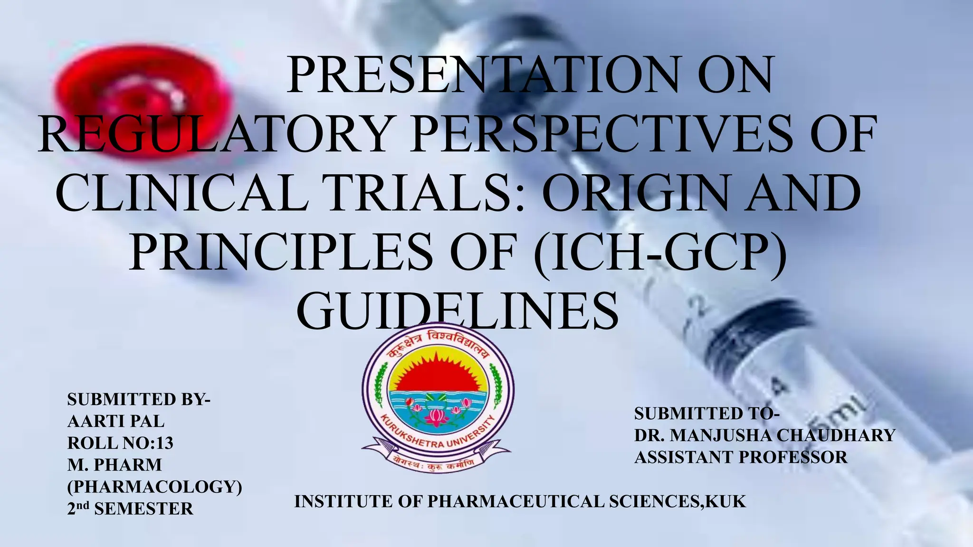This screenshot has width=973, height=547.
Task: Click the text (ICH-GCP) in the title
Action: tap(660, 252)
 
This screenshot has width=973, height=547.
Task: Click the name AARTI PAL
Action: tap(116, 421)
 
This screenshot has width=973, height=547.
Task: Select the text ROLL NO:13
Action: tap(120, 443)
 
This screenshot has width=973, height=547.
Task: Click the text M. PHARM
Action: tap(114, 465)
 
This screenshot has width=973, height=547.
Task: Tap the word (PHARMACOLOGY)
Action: tap(155, 487)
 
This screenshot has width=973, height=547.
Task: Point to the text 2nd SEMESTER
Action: tap(130, 509)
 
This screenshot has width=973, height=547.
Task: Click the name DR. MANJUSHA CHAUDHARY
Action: tap(764, 435)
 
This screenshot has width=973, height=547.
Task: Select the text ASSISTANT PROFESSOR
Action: tap(741, 457)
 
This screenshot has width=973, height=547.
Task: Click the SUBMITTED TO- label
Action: tap(707, 414)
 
